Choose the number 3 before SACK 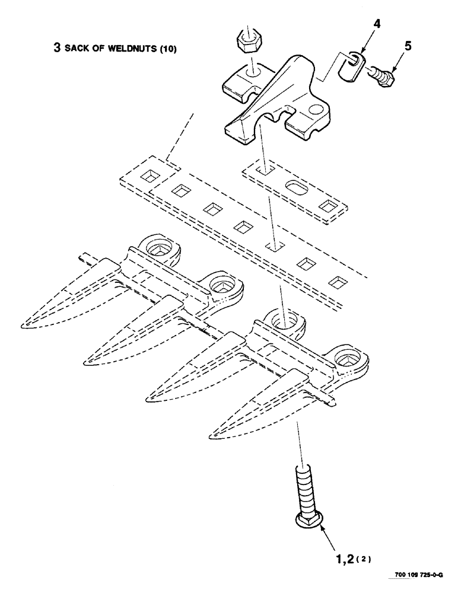(x=57, y=49)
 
